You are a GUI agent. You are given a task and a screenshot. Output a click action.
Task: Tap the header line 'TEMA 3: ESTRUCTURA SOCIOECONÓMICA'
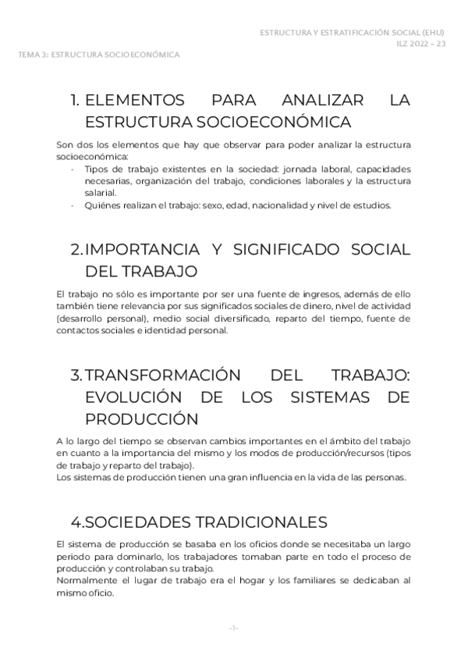pyautogui.click(x=100, y=55)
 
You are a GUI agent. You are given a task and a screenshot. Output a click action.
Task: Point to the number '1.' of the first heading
pyautogui.click(x=76, y=101)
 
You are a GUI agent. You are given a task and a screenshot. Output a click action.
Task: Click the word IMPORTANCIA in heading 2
pyautogui.click(x=140, y=250)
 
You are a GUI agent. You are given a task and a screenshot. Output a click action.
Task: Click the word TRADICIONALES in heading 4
pyautogui.click(x=252, y=521)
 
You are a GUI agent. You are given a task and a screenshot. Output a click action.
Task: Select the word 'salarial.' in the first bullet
pyautogui.click(x=101, y=193)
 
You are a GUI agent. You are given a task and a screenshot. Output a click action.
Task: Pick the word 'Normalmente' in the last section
pyautogui.click(x=85, y=581)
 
